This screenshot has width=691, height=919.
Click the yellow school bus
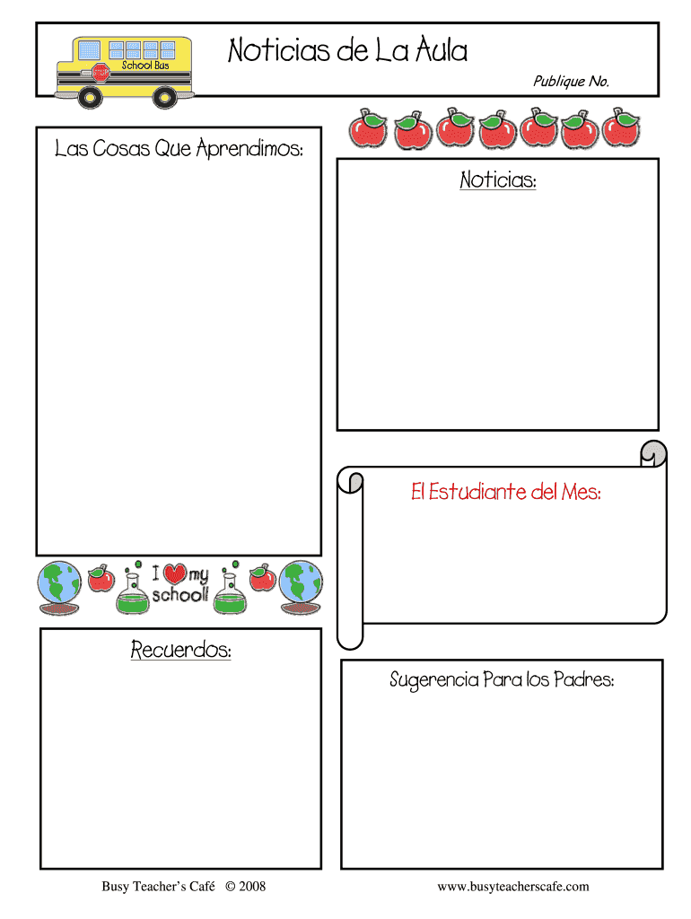pyautogui.click(x=125, y=71)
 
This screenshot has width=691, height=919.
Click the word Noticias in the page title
pyautogui.click(x=278, y=50)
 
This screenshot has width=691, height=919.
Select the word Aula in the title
pyautogui.click(x=441, y=50)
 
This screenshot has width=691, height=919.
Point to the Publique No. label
pyautogui.click(x=571, y=82)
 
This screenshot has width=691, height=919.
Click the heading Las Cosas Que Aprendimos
pyautogui.click(x=179, y=149)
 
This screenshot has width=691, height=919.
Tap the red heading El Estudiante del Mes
pyautogui.click(x=505, y=492)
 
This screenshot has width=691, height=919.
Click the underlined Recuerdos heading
pyautogui.click(x=180, y=649)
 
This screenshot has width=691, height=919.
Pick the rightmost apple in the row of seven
pyautogui.click(x=621, y=127)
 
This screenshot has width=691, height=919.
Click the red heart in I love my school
pyautogui.click(x=175, y=574)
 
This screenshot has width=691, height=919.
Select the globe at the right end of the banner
pyautogui.click(x=301, y=586)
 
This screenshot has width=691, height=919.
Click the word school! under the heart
pyautogui.click(x=180, y=596)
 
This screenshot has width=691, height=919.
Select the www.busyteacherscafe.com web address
pyautogui.click(x=512, y=887)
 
